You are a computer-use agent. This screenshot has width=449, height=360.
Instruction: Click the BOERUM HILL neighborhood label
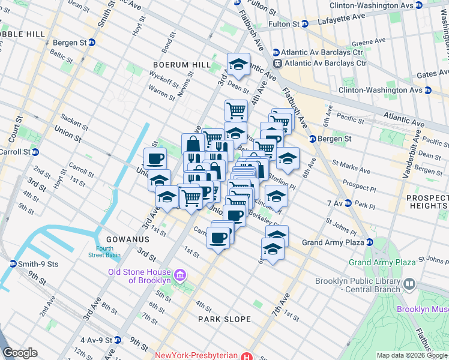tap(181, 65)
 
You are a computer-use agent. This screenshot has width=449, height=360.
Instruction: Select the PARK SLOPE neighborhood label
tap(224, 319)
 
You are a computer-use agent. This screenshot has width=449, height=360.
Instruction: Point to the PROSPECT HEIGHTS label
tap(426, 202)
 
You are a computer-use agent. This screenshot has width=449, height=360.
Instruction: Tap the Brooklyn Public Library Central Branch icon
tap(409, 283)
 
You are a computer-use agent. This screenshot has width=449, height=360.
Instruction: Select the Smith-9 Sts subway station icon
tap(13, 263)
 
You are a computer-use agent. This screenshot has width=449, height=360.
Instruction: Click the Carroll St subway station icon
tap(35, 152)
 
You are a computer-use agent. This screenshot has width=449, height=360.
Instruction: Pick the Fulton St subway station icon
tap(305, 24)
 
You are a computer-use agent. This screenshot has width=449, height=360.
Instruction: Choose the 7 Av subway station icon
tap(347, 204)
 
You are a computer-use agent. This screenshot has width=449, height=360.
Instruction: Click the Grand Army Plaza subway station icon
tap(370, 242)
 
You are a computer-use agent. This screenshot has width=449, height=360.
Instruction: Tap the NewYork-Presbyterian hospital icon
tap(246, 355)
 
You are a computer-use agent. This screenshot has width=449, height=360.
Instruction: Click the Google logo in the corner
tap(20, 353)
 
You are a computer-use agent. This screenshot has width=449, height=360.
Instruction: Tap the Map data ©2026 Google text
tap(411, 355)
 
